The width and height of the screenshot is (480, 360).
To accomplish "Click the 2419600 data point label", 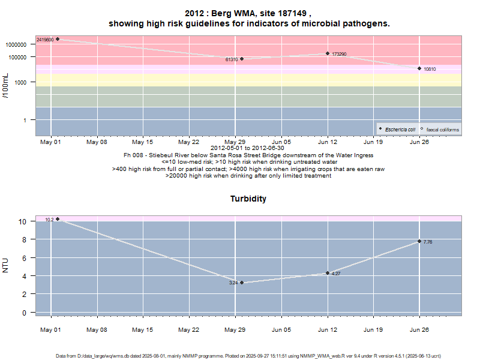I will click(x=45, y=40).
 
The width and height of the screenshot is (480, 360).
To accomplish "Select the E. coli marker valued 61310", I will click(x=242, y=59).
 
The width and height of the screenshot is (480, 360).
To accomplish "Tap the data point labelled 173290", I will click(x=328, y=53).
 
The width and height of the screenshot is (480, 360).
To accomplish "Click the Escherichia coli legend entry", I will click(x=400, y=130).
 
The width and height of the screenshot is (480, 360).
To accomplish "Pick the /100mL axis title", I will click(x=5, y=85).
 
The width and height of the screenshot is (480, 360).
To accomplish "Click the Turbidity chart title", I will click(x=248, y=199).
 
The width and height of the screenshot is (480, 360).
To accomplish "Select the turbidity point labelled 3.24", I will click(x=242, y=282).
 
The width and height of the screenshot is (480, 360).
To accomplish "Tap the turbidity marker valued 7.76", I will click(x=419, y=241).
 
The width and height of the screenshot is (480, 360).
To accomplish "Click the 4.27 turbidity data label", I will click(x=336, y=274).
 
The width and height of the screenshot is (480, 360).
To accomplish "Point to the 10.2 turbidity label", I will click(x=49, y=220).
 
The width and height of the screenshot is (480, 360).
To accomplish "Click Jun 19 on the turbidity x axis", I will click(x=373, y=329).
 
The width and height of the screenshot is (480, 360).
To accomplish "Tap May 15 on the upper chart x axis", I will click(x=142, y=142).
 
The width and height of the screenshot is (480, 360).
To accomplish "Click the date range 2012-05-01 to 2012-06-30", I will click(x=248, y=148).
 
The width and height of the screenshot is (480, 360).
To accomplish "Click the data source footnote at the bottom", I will click(x=248, y=355).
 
